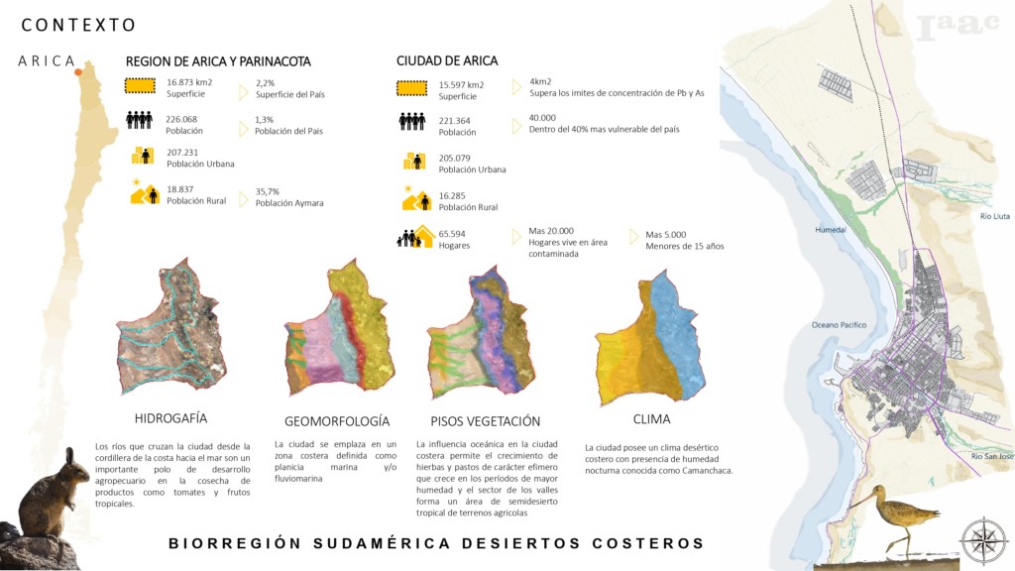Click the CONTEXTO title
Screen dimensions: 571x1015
pos(79,25)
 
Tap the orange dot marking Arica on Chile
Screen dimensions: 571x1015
pos(78,72)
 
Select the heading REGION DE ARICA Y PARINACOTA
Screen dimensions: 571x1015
pos(218,61)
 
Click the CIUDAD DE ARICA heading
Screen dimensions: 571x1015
pos(447,61)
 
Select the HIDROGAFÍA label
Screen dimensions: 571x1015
pos(170,418)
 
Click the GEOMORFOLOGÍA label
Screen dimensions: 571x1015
pos(337,421)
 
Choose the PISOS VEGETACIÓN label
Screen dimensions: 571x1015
pos(486,421)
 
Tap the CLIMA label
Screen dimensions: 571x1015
pos(651,419)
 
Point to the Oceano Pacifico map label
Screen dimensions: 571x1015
pos(840,325)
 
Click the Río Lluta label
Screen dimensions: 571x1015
pos(993,215)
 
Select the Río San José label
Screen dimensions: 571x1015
pos(992,456)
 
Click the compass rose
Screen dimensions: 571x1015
pos(983,540)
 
